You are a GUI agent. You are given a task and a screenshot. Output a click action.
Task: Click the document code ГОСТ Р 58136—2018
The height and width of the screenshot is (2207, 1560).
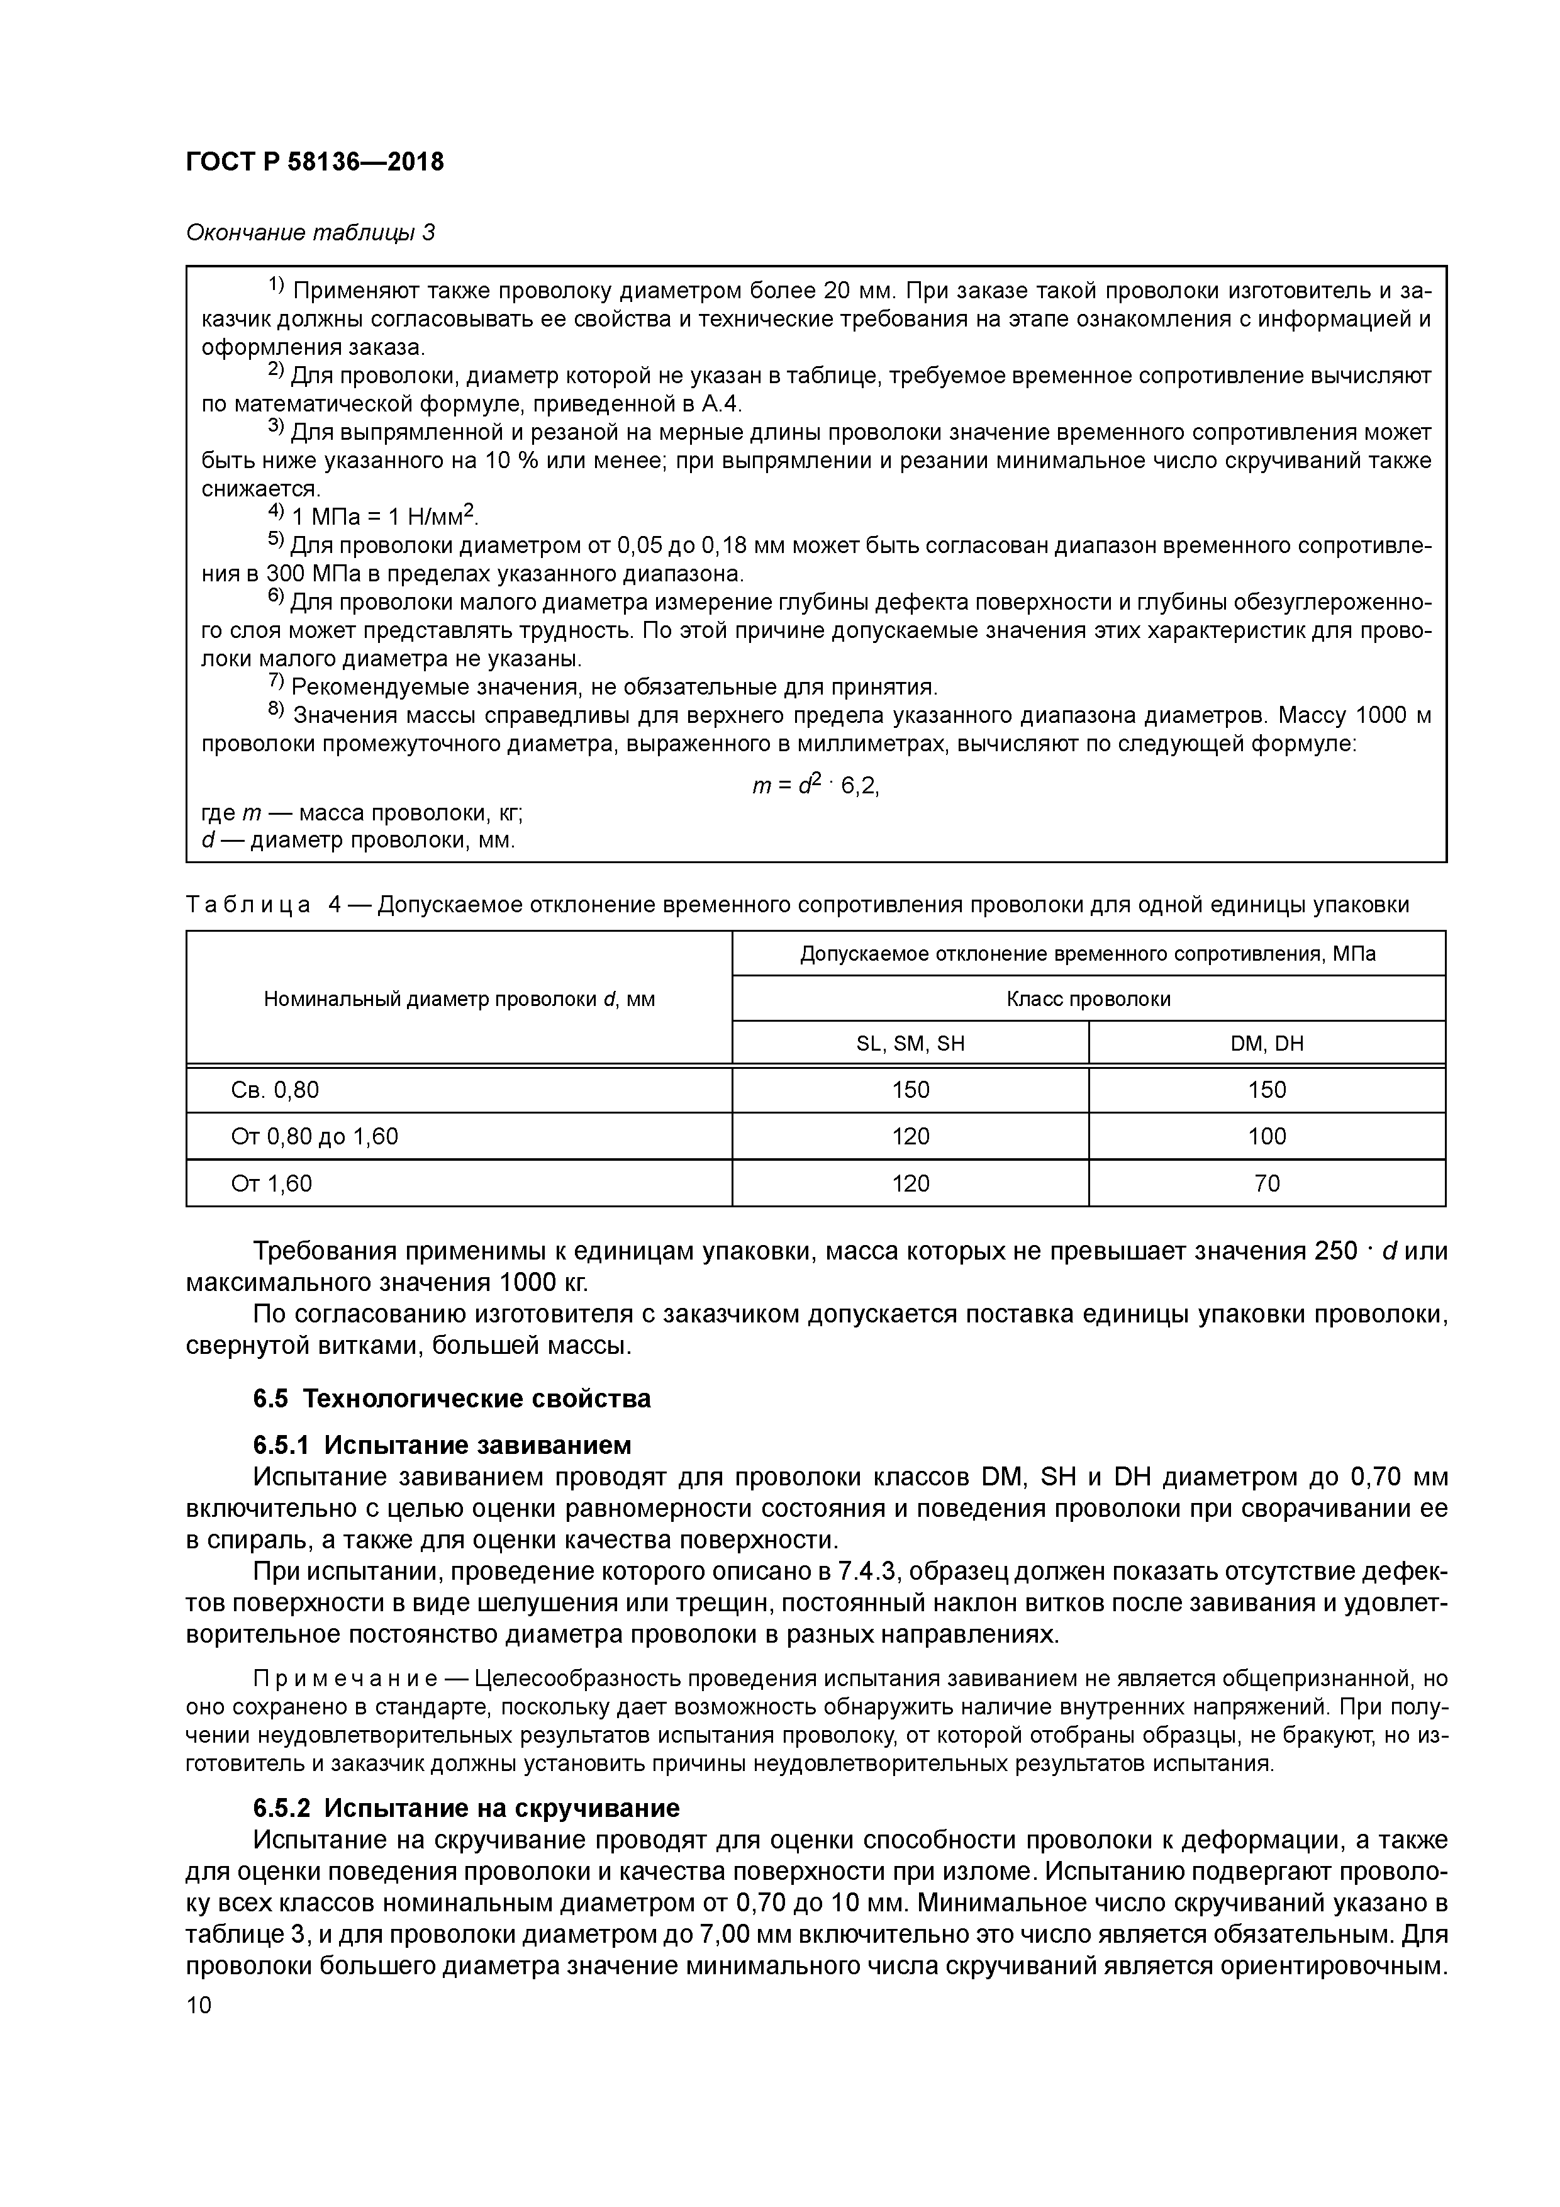click(x=315, y=162)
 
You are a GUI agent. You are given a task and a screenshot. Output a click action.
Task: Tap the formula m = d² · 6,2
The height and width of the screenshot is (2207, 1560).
click(x=815, y=785)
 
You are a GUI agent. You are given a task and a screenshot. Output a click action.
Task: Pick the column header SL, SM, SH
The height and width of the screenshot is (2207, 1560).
click(x=910, y=1043)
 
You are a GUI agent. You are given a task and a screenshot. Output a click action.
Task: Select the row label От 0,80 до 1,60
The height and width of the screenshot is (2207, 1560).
click(x=315, y=1136)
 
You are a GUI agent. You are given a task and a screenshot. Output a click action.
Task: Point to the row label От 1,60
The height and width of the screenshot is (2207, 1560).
click(x=271, y=1183)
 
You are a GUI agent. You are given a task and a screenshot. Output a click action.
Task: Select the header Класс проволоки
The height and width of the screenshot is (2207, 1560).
click(x=1088, y=998)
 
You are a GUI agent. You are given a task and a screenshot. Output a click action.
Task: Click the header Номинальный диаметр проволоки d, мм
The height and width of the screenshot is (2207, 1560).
click(x=459, y=998)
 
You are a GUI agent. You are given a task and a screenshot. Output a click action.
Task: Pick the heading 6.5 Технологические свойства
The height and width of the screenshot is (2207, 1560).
click(x=452, y=1399)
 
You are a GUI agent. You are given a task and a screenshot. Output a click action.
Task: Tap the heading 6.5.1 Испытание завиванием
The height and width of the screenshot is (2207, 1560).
click(x=442, y=1446)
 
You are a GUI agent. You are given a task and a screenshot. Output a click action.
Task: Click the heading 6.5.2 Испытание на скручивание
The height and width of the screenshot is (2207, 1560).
click(x=466, y=1808)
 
